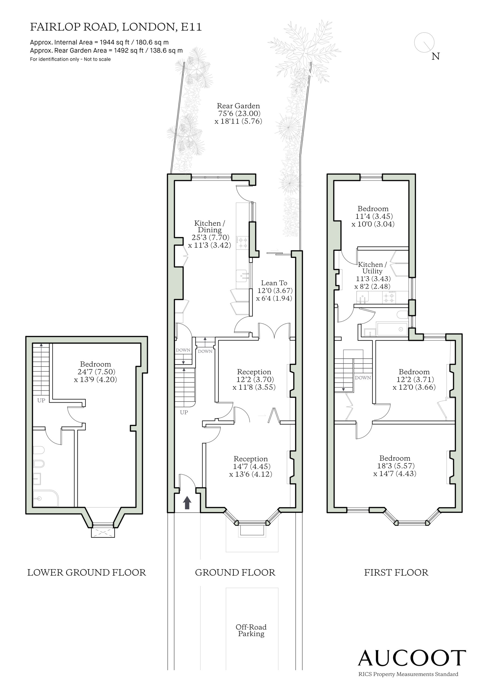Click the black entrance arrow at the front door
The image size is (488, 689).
pos(187,503)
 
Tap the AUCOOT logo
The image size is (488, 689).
pos(412,658)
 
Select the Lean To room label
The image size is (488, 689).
pos(274,283)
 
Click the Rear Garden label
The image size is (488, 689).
pos(238,106)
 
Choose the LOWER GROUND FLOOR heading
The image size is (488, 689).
pos(86,572)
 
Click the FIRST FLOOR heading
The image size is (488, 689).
pos(396,572)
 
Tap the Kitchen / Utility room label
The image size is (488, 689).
pos(372,268)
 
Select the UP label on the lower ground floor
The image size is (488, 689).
pos(41,400)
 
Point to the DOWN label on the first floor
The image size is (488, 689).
pos(363,378)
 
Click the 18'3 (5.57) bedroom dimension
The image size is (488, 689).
pos(396,466)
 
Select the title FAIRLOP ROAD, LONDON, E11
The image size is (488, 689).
pos(116,27)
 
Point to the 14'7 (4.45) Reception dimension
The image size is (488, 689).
pos(251,466)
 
